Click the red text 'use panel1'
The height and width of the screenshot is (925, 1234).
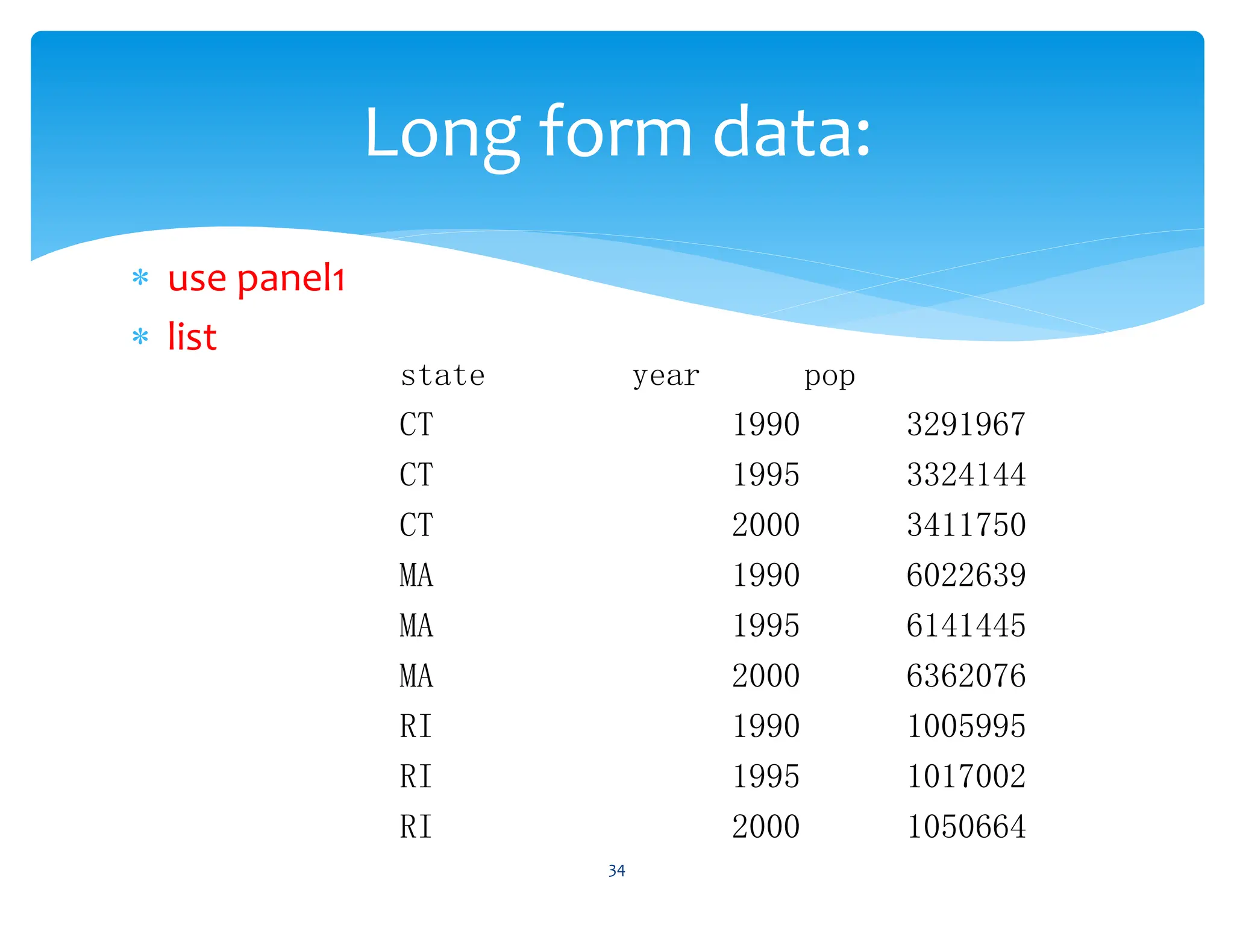coord(256,279)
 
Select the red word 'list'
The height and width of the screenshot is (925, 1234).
coord(192,337)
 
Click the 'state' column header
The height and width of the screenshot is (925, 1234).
coord(443,376)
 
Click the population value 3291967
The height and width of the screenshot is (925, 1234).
coord(966,425)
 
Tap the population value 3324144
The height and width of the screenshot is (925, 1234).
coord(966,475)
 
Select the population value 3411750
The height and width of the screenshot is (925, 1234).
coord(966,525)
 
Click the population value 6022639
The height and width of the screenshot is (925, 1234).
coord(966,575)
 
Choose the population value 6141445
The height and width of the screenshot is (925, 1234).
coord(966,625)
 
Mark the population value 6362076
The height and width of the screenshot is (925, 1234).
coord(966,676)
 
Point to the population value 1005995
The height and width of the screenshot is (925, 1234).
coord(966,726)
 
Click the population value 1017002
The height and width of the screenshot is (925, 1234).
coord(966,776)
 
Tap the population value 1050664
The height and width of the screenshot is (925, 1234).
coord(966,826)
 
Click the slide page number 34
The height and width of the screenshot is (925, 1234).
coord(616,871)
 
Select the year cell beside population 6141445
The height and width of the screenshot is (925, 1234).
coord(766,625)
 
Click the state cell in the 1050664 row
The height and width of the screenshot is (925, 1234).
coord(416,826)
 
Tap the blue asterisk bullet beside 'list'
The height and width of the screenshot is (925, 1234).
coord(140,337)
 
